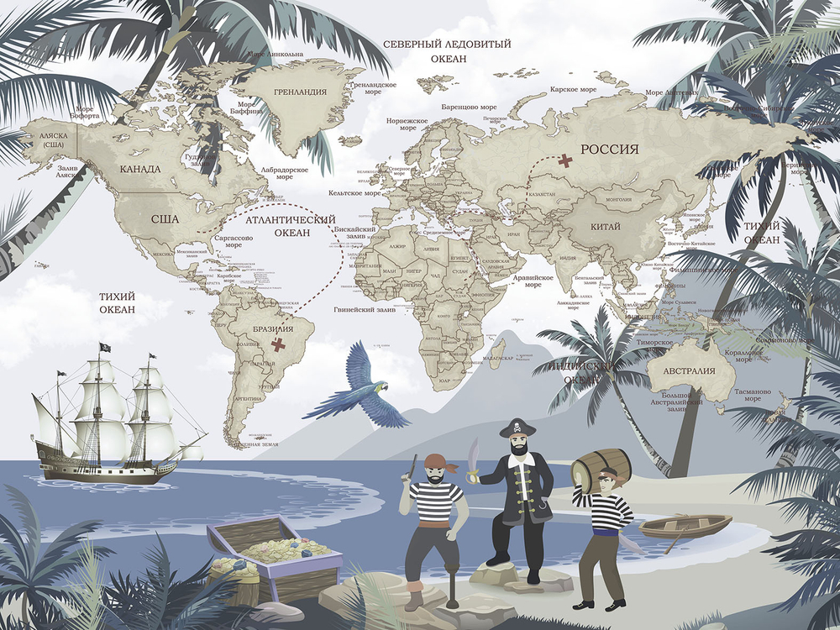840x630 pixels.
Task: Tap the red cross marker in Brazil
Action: (279, 344)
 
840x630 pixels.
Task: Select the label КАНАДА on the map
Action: (139, 169)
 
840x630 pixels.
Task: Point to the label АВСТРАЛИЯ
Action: (689, 371)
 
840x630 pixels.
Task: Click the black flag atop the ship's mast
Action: (105, 348)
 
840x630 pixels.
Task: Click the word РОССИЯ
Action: (610, 150)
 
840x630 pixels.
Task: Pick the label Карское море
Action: (573, 89)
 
